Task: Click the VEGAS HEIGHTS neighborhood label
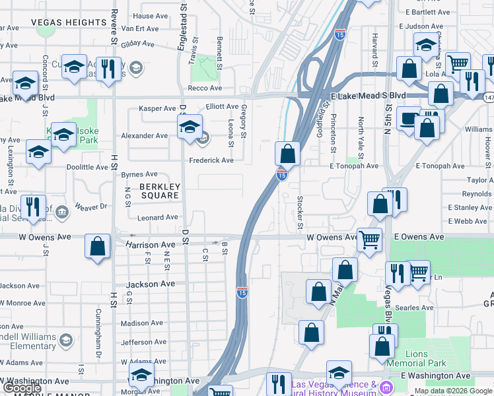point(69,22)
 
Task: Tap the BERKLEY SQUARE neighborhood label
point(159,191)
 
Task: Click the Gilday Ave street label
point(137,44)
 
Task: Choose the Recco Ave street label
point(205,88)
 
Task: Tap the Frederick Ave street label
point(211,160)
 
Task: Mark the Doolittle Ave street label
point(87,168)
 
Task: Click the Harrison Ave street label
point(151,245)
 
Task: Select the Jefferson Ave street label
point(144,343)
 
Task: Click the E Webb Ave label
point(471,221)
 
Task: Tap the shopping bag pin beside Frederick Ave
point(288,154)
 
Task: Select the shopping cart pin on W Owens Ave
point(370,239)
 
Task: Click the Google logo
point(22,387)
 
